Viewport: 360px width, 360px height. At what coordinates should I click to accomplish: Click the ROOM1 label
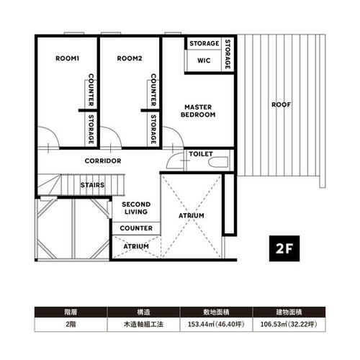point(67,58)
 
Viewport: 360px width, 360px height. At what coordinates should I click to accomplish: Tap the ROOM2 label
point(130,58)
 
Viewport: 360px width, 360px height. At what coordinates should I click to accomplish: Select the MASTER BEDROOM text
point(198,111)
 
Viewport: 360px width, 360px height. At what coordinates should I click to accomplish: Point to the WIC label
point(204,60)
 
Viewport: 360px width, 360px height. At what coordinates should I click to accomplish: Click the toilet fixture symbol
point(218,162)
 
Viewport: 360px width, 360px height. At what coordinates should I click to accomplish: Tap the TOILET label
point(201,154)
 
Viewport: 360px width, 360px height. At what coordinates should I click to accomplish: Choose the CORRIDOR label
point(103,161)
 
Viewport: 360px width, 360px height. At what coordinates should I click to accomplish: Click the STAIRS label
point(93,185)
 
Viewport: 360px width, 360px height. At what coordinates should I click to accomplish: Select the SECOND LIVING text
point(136,208)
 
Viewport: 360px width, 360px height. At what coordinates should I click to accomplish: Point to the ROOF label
point(281,104)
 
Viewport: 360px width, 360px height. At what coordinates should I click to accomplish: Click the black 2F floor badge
point(284,248)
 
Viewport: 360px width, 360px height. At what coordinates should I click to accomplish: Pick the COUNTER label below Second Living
point(136,228)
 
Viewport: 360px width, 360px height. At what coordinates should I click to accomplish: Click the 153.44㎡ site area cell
point(216,325)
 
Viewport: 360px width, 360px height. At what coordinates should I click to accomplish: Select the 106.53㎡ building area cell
point(289,325)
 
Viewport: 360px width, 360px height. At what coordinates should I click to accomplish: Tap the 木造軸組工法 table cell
point(143,325)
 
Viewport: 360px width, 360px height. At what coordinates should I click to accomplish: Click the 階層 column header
point(71,312)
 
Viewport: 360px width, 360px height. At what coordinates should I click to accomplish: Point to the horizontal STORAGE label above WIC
point(204,43)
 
